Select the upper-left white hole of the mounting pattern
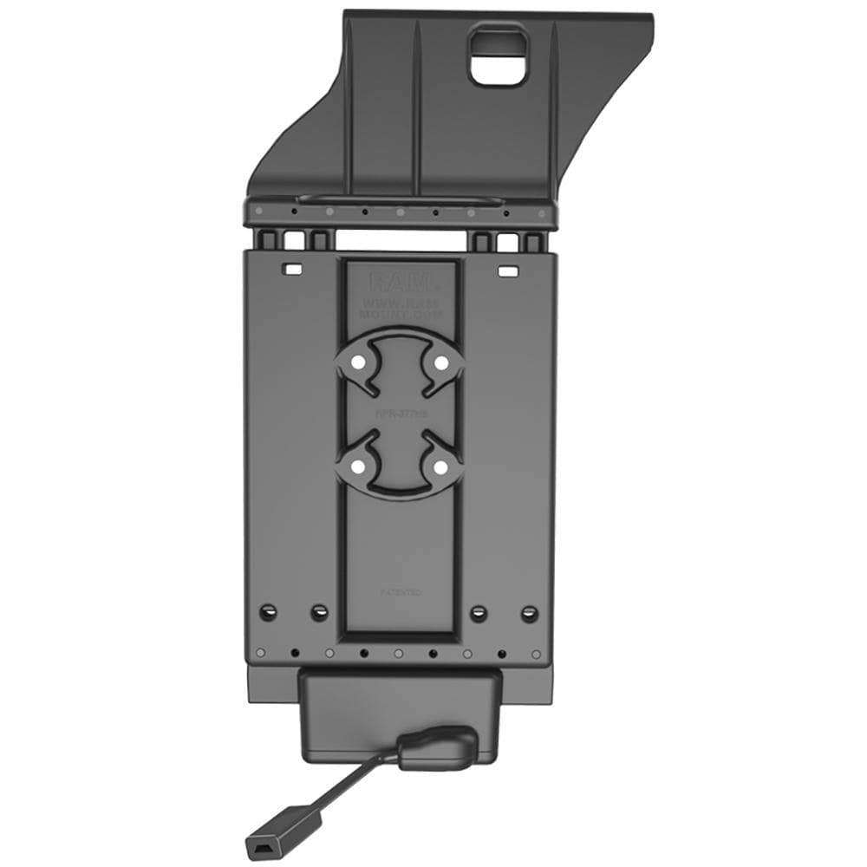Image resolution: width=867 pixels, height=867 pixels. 357,362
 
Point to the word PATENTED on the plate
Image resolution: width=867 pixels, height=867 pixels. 401,592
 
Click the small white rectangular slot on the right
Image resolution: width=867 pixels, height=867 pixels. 505,271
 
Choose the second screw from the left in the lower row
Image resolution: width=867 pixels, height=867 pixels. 319,612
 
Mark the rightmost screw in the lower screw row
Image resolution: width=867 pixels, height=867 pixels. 529,612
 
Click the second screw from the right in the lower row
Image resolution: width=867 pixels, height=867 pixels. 479,612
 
